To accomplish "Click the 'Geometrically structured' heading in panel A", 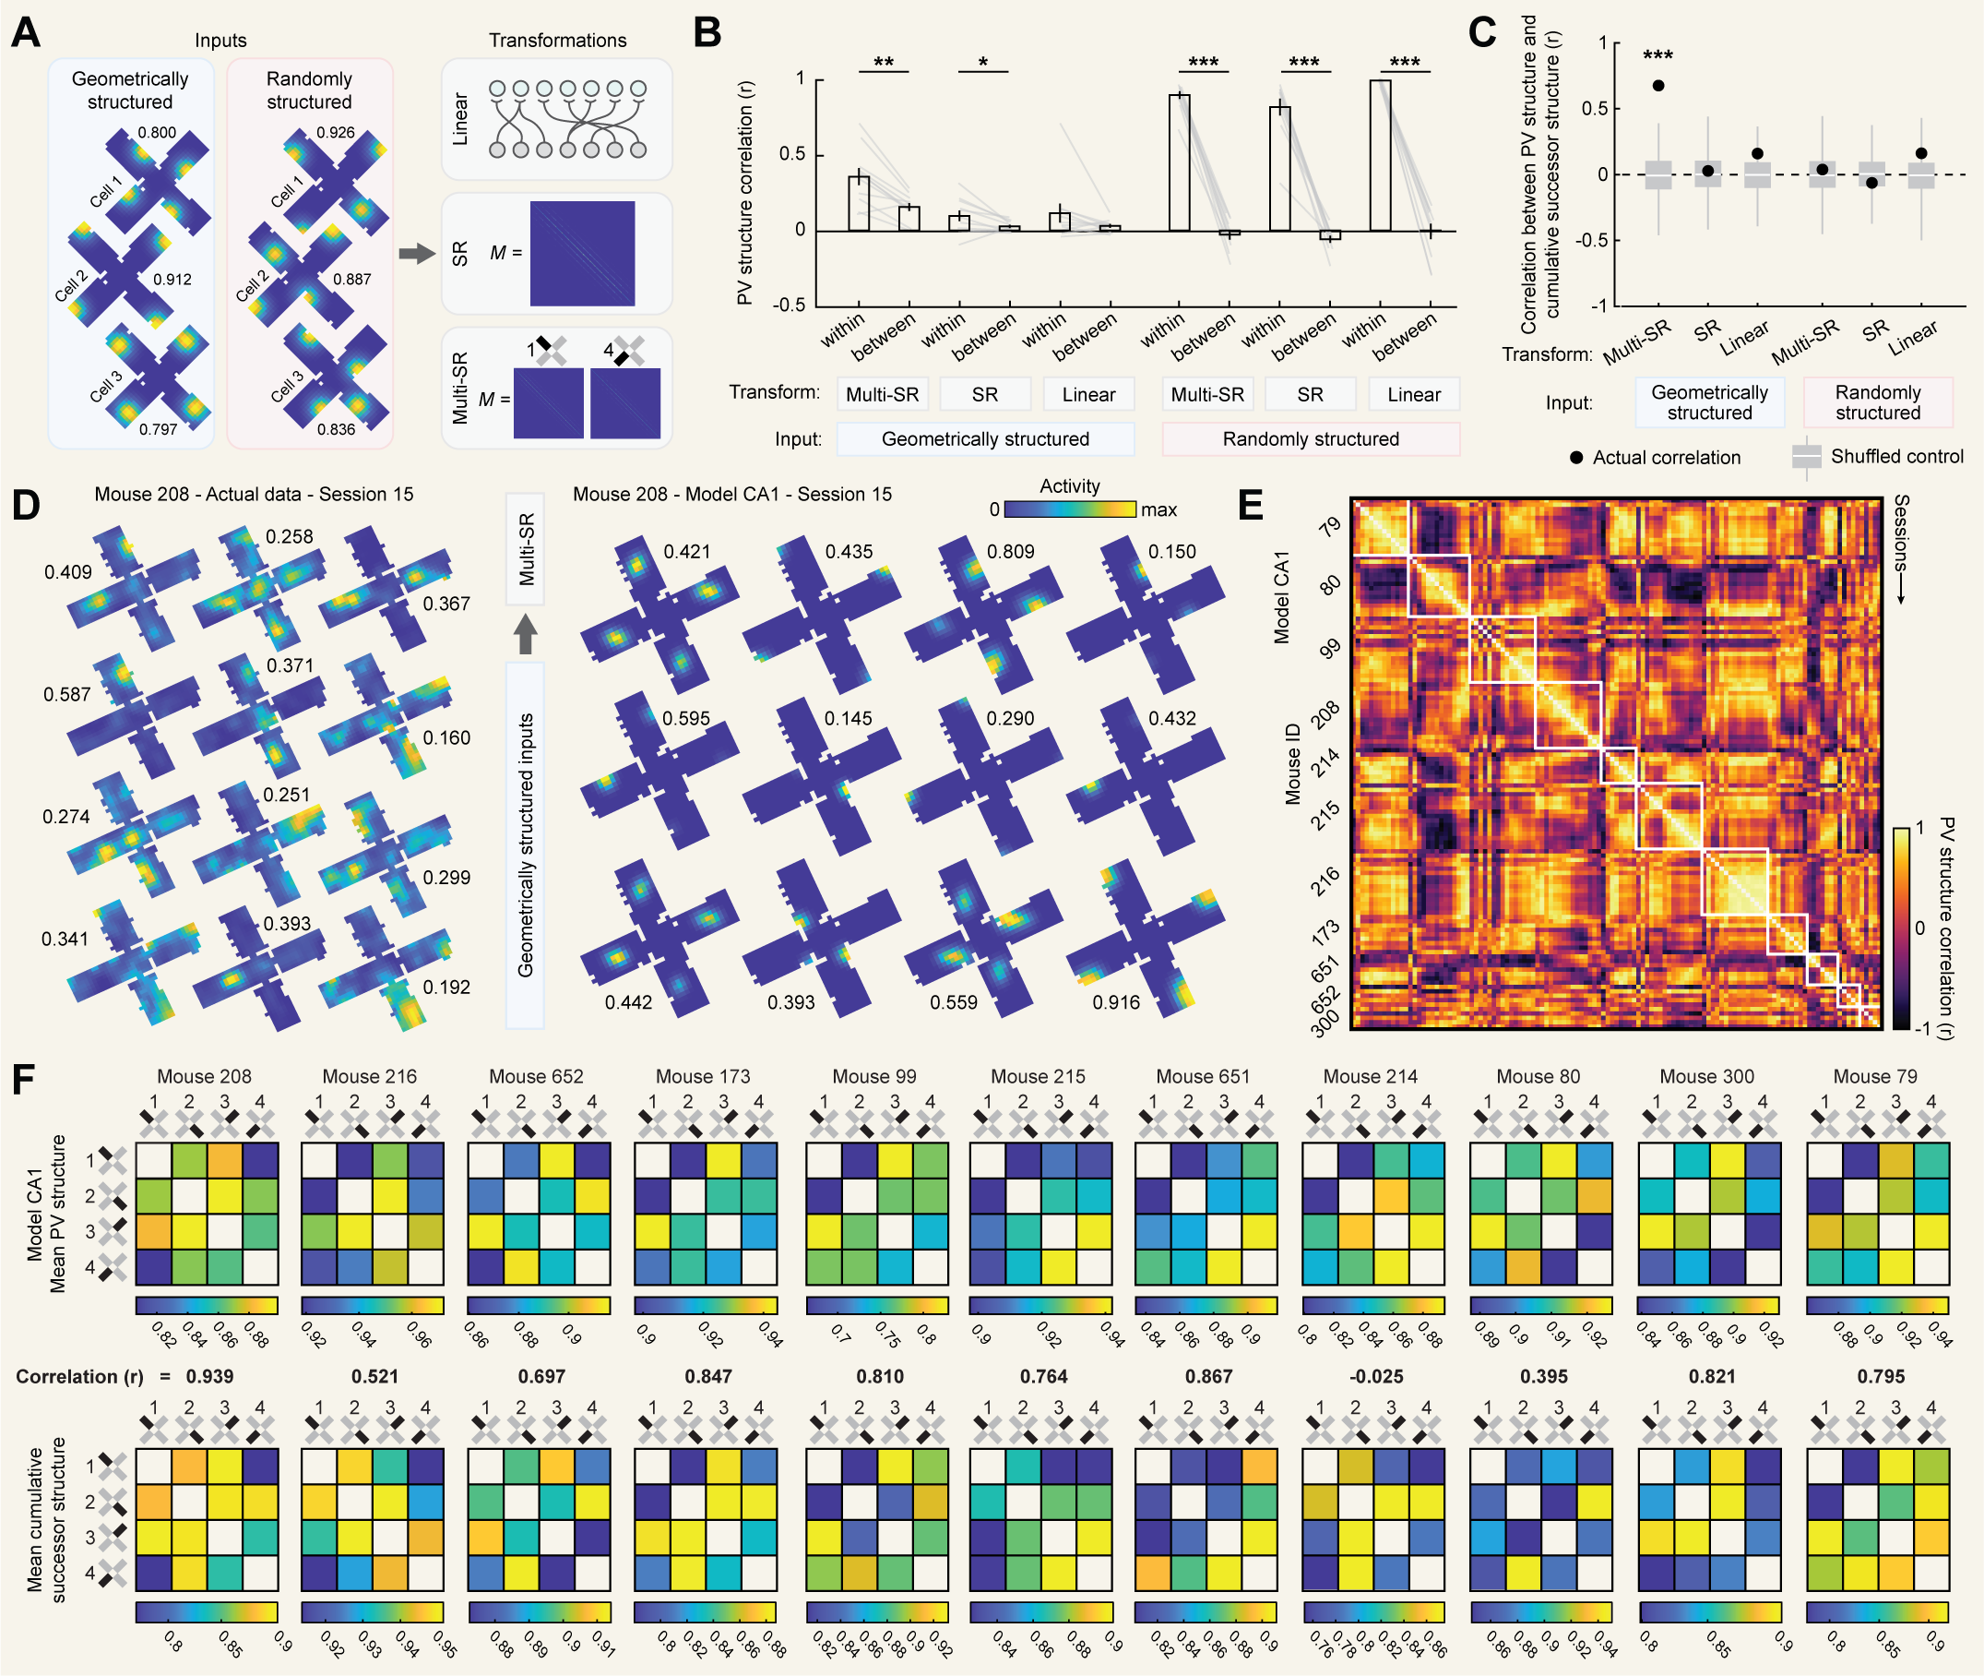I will coord(130,90).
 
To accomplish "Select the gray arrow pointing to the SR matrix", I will coord(416,254).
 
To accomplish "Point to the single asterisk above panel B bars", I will coord(983,64).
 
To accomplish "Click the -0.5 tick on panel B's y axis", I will coord(789,305).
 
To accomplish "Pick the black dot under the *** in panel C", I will coord(1658,86).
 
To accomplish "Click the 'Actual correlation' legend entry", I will coord(1666,457).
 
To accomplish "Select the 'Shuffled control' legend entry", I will coord(1895,456).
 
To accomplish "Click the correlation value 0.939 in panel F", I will coord(210,1377).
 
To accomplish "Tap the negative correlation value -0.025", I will coord(1376,1377).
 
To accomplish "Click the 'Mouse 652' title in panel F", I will coord(536,1076).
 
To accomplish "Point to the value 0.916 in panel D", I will coord(1116,1002).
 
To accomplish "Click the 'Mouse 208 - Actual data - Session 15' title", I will coord(254,494).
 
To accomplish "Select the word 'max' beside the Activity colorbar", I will coord(1158,510).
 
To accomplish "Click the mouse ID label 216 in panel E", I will coord(1325,880).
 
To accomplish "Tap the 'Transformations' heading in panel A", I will coord(557,40).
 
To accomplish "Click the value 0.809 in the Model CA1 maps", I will coord(1011,552).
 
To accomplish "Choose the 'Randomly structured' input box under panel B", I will coord(1311,439).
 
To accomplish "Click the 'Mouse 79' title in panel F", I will coord(1875,1076).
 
